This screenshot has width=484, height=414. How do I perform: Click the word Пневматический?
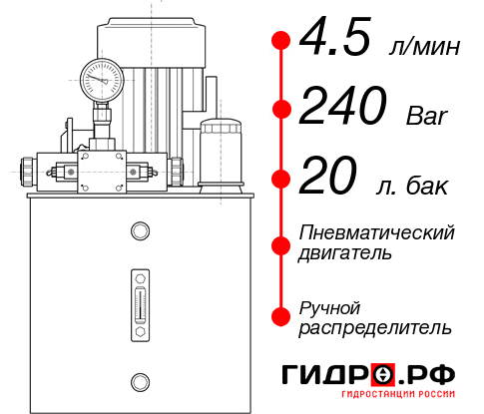click(377, 233)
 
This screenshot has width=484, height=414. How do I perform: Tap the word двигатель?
click(345, 253)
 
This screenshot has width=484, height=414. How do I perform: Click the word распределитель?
click(375, 327)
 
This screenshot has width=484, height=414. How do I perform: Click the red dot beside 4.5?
click(281, 41)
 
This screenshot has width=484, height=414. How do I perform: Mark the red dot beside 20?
click(281, 179)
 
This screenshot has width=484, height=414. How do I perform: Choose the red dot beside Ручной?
click(281, 315)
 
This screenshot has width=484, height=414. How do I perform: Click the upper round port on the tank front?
click(139, 232)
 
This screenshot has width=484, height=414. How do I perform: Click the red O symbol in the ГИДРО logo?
click(383, 375)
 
